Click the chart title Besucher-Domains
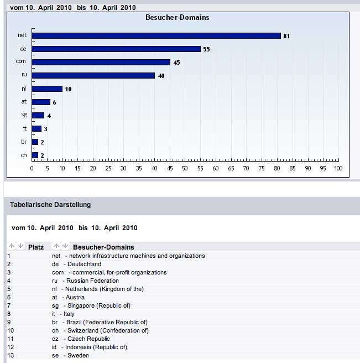click(177, 18)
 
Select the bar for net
click(156, 36)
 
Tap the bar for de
click(116, 49)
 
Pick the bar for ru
click(93, 76)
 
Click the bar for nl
click(47, 89)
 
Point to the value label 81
click(287, 36)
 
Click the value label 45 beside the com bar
click(176, 63)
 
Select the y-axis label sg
click(24, 115)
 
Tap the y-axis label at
click(24, 102)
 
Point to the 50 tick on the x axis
click(185, 168)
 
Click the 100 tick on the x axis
click(338, 168)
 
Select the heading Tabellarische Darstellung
click(50, 205)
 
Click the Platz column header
click(36, 247)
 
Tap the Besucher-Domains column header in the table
click(103, 247)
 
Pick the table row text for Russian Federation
click(92, 281)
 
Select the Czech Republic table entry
click(88, 339)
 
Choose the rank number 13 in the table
click(11, 355)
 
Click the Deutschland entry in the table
click(84, 264)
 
